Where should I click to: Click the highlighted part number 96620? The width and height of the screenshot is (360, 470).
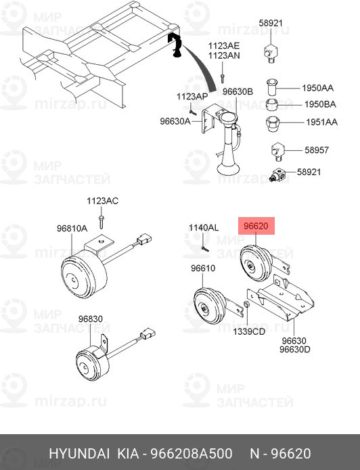[256, 227]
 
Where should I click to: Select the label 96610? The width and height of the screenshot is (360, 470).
[202, 268]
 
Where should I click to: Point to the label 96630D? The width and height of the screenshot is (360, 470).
[296, 350]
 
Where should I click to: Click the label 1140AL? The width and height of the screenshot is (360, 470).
[203, 228]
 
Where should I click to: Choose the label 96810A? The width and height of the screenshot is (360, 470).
[72, 229]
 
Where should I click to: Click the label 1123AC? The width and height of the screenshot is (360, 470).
[102, 201]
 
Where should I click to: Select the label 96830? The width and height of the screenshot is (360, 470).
[90, 319]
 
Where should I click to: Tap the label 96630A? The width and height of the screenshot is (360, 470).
[175, 122]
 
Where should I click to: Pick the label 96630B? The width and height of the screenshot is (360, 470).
[238, 91]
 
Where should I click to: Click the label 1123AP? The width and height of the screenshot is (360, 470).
[192, 97]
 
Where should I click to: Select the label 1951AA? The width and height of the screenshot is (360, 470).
[321, 122]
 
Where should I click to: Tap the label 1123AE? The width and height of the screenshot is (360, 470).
[224, 45]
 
